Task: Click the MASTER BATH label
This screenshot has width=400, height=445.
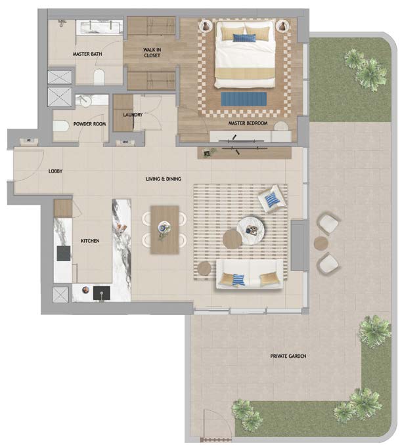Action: tap(87, 54)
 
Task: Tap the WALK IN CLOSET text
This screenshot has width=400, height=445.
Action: tap(152, 53)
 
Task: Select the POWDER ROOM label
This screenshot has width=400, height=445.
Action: tap(90, 124)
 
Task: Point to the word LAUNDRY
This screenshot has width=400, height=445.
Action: tap(133, 115)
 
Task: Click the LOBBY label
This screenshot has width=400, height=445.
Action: tap(55, 171)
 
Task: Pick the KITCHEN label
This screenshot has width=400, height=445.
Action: tap(90, 241)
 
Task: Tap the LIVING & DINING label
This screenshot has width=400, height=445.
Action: tap(164, 179)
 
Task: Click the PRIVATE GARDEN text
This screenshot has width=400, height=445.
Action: tap(288, 356)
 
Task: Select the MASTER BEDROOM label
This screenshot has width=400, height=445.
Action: tap(248, 123)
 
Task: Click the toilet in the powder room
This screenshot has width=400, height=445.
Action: tap(61, 126)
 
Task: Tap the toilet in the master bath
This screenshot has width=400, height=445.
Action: tap(99, 77)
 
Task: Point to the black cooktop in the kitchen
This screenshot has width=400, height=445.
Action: tap(63, 253)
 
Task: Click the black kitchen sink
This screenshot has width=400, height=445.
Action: tap(102, 293)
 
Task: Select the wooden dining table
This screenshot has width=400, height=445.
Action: tap(165, 230)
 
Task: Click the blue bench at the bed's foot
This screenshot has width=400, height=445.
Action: tap(244, 98)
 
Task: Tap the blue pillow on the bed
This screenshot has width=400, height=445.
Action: tap(244, 38)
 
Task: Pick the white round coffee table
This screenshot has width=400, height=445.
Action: tap(250, 230)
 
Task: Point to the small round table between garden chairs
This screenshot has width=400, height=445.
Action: tap(321, 244)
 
